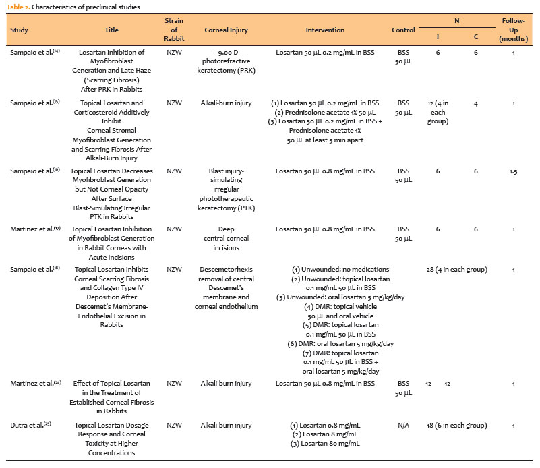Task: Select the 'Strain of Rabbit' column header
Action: pos(174,30)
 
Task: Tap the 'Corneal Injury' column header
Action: pos(230,30)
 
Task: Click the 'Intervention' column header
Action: pos(325,30)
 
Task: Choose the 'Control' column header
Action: pos(403,30)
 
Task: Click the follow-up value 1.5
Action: pos(514,171)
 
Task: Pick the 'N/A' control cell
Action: pos(403,426)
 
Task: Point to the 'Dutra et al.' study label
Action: pos(32,426)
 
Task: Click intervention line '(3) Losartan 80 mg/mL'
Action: pos(325,443)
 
